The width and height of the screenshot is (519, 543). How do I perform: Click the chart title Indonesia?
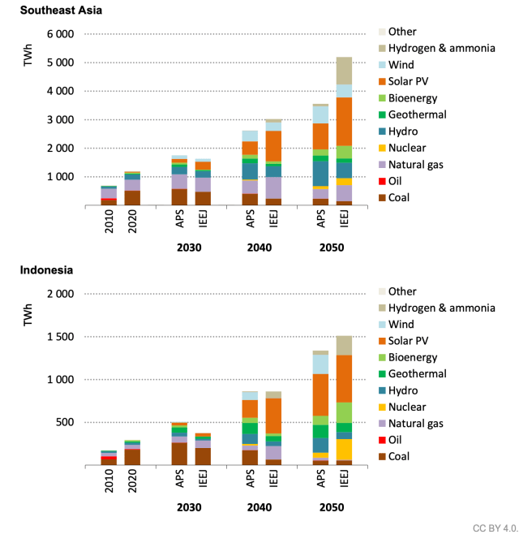[47, 269]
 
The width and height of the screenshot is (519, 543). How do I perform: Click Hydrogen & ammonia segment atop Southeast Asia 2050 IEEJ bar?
[345, 71]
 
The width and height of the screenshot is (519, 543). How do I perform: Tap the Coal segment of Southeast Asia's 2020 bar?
[132, 197]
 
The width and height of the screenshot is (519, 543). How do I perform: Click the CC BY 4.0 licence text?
[494, 528]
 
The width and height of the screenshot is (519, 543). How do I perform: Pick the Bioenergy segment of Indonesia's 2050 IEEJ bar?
[345, 412]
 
